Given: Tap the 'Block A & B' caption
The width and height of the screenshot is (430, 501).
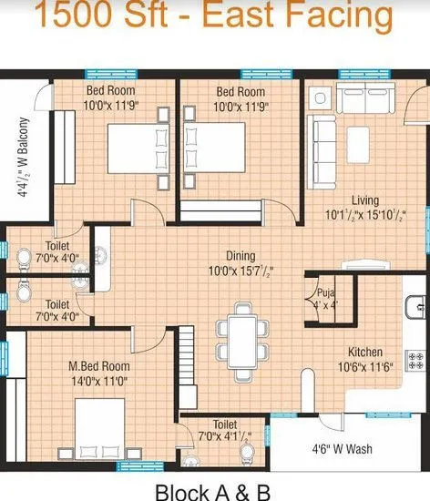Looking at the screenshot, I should pyautogui.click(x=213, y=492).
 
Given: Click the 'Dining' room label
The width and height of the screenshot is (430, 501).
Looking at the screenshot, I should pyautogui.click(x=241, y=256).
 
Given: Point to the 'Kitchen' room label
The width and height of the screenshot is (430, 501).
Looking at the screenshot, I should pyautogui.click(x=364, y=353).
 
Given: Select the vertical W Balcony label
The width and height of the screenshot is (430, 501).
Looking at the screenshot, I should pyautogui.click(x=24, y=158).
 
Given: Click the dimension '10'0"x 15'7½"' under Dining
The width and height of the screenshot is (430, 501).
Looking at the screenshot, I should pyautogui.click(x=241, y=271).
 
